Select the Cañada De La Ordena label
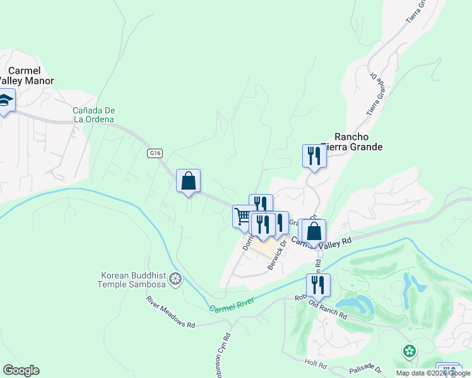93,114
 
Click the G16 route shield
156,152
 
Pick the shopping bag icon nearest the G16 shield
188,181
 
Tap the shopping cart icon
243,216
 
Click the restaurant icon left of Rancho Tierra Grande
314,156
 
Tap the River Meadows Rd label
171,312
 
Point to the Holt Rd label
314,364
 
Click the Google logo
21,370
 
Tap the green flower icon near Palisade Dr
410,350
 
